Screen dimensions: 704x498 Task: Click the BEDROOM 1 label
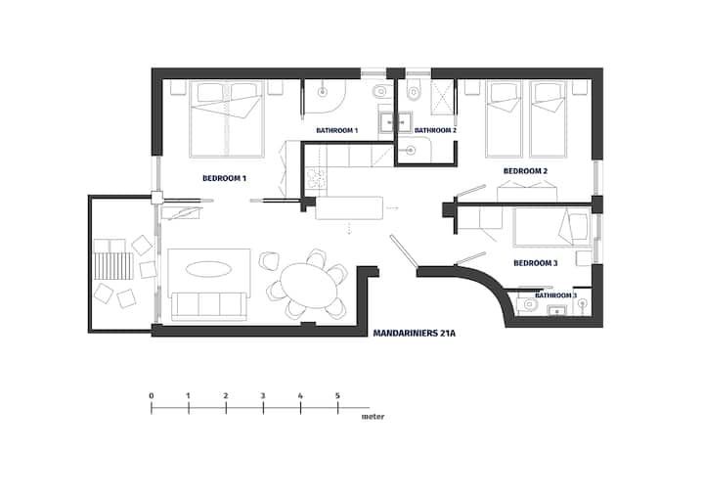[x=224, y=178]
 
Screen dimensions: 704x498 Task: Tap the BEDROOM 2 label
[x=525, y=171]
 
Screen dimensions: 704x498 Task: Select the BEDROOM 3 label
[x=536, y=263]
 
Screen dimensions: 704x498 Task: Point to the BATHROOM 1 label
[x=336, y=131]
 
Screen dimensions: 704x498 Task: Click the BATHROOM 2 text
[x=435, y=131]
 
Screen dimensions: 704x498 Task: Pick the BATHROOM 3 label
[x=555, y=295]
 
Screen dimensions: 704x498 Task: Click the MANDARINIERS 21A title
[x=415, y=334]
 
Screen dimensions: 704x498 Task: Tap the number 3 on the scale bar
[x=263, y=396]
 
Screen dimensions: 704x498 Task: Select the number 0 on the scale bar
[x=152, y=396]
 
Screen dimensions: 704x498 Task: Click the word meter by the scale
[x=374, y=417]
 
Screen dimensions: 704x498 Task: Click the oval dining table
[x=309, y=286]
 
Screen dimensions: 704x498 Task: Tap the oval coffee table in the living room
[x=209, y=269]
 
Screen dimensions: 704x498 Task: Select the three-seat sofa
[x=209, y=306]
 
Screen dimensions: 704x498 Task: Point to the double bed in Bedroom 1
[x=227, y=119]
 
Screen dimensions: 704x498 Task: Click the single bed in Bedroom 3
[x=552, y=227]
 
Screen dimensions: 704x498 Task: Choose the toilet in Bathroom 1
[x=379, y=92]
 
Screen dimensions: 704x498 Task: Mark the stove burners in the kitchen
[x=316, y=178]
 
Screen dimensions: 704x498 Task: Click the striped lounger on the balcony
[x=114, y=266]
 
